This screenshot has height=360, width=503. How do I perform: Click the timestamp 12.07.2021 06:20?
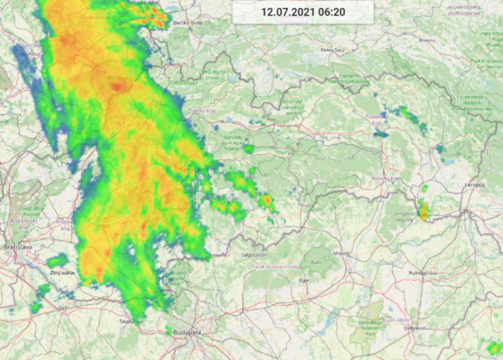303,12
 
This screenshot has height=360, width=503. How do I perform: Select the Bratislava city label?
16,246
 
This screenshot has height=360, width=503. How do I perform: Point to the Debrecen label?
414,327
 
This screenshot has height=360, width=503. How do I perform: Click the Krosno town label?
426,39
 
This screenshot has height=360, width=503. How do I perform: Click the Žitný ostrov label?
61,273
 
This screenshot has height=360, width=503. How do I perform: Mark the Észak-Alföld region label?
399,321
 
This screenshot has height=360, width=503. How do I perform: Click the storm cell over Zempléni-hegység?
423,211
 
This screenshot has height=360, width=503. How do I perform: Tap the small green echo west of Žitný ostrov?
56,261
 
